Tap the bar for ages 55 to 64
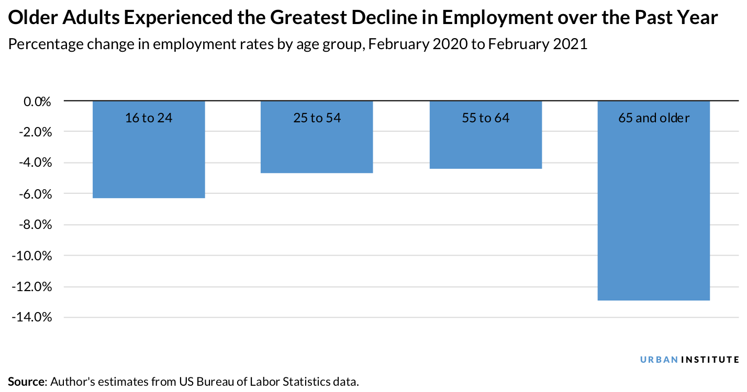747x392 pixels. pos(485,146)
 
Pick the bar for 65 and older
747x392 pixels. pos(653,209)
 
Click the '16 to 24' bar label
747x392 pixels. pos(149,118)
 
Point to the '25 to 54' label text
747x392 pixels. pos(317,118)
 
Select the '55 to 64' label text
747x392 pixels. pos(485,118)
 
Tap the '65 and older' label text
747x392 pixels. pos(653,118)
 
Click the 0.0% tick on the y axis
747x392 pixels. pos(37,101)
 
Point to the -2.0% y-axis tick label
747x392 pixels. pos(35,132)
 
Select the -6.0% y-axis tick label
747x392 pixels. pos(35,194)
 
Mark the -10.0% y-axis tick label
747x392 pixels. pos(32,256)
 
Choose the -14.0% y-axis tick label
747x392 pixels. pos(32,318)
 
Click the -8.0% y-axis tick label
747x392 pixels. pos(35,225)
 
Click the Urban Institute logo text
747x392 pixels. pos(690,360)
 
